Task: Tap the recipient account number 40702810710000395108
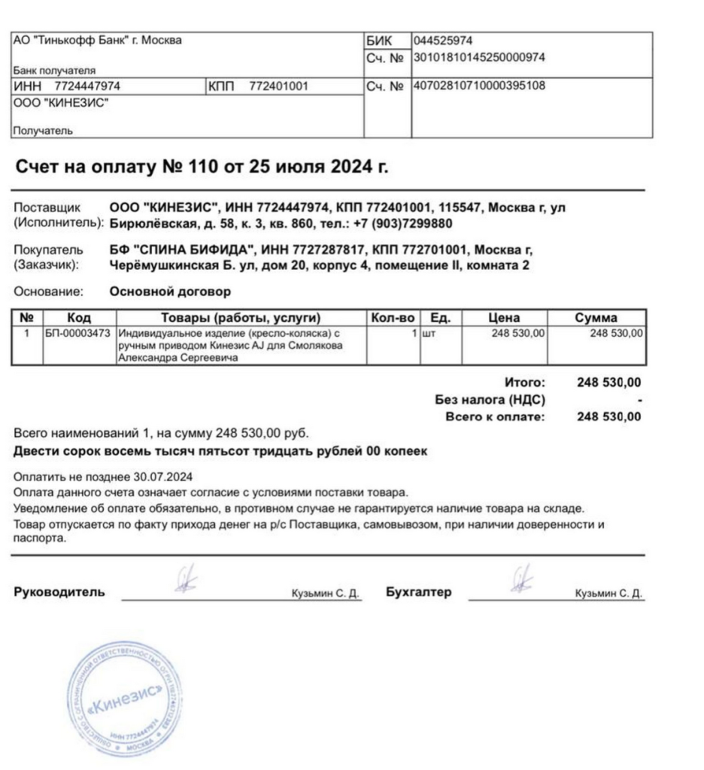tap(479, 86)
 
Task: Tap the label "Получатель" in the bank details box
tap(43, 131)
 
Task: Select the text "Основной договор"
tap(170, 292)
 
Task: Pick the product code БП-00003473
tap(78, 332)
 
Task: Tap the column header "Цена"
tap(504, 317)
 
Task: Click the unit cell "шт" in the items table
tap(429, 332)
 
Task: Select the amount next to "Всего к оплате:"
tap(608, 417)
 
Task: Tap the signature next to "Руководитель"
tap(183, 581)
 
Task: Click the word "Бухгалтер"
tap(418, 593)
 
